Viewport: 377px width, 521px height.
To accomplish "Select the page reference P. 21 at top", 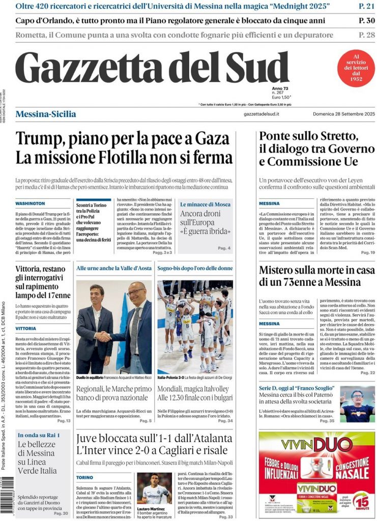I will (366, 7).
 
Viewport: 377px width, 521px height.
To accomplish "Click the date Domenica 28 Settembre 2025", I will (343, 114).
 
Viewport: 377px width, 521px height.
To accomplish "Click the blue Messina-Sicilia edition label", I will (46, 114).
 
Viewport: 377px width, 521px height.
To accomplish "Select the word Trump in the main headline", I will (40, 139).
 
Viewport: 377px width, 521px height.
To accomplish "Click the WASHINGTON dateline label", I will (30, 203).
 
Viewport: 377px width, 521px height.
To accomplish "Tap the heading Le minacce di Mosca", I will (205, 204).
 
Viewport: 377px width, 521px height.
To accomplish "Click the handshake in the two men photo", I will (105, 336).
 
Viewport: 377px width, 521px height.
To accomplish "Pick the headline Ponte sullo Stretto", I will (308, 136).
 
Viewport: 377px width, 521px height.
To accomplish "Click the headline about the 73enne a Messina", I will (316, 275).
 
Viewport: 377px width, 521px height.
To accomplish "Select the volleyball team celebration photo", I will (195, 326).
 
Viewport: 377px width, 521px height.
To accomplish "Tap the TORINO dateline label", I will (84, 477).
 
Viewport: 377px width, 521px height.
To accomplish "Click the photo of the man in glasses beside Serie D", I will (358, 403).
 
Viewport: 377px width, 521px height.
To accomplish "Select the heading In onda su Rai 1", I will (39, 435).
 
